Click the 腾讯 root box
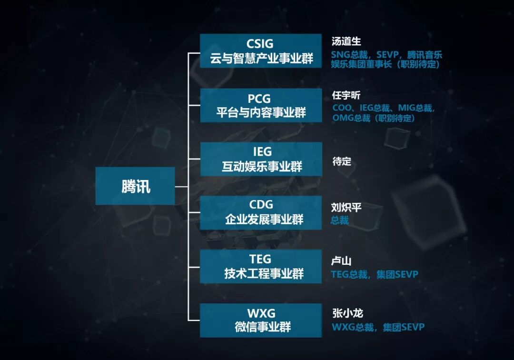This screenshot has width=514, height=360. (135, 186)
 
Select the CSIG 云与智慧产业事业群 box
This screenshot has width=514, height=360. (260, 51)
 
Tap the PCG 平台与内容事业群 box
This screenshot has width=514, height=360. (260, 105)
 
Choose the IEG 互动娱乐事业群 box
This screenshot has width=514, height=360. (260, 159)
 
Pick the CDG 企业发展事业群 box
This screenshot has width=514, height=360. (260, 213)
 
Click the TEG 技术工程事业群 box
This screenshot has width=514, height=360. (260, 267)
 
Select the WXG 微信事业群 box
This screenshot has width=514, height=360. (260, 320)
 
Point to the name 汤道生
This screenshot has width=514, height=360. (346, 41)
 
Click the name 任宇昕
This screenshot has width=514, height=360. (346, 95)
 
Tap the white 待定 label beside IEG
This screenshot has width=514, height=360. (341, 161)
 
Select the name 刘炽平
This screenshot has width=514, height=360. (346, 208)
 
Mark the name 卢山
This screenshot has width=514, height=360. (341, 261)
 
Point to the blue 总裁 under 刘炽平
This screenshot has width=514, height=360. (340, 220)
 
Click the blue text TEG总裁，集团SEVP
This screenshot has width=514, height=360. (374, 274)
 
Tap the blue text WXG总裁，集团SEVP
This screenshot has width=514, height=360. (377, 327)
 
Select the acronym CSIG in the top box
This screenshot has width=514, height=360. (260, 44)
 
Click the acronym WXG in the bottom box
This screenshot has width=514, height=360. (261, 313)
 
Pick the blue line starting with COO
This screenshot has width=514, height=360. (384, 108)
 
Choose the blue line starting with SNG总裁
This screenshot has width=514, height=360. (386, 55)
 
